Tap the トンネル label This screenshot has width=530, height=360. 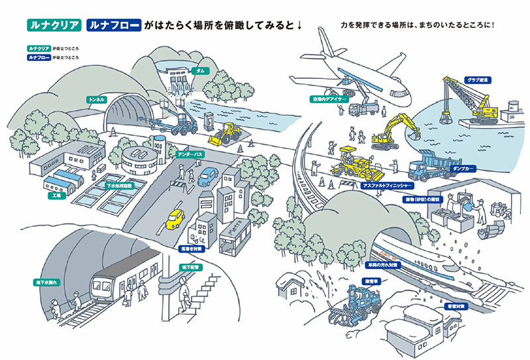click(x=97, y=99)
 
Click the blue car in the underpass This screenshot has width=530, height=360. click(x=208, y=176)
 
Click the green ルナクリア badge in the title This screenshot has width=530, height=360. click(x=54, y=26)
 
